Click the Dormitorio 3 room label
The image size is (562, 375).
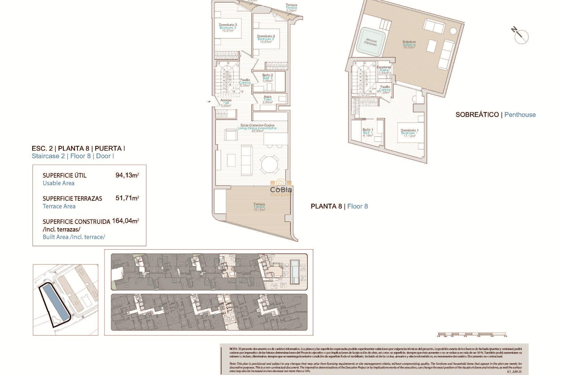point(228,28)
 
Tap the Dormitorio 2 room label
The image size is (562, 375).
point(266,39)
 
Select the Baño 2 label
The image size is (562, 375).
point(268,78)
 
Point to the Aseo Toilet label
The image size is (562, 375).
point(268,99)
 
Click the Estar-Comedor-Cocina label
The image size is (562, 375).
point(257,128)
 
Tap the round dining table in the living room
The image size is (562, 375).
point(270,164)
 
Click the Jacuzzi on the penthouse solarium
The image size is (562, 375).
point(371,42)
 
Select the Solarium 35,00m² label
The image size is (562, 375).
point(409,45)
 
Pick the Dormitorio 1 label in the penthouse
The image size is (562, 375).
point(409,133)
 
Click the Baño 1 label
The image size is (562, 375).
point(368,132)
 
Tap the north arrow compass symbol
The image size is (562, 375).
point(521,36)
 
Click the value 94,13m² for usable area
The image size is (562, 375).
point(127,175)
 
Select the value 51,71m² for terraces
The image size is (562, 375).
point(127,198)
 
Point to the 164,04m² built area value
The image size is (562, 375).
point(125,221)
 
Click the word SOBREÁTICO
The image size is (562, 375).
point(477,115)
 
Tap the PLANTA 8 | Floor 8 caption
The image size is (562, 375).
point(339,206)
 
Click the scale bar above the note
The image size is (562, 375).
point(472,334)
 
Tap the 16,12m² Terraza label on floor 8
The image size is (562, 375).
point(259,207)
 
